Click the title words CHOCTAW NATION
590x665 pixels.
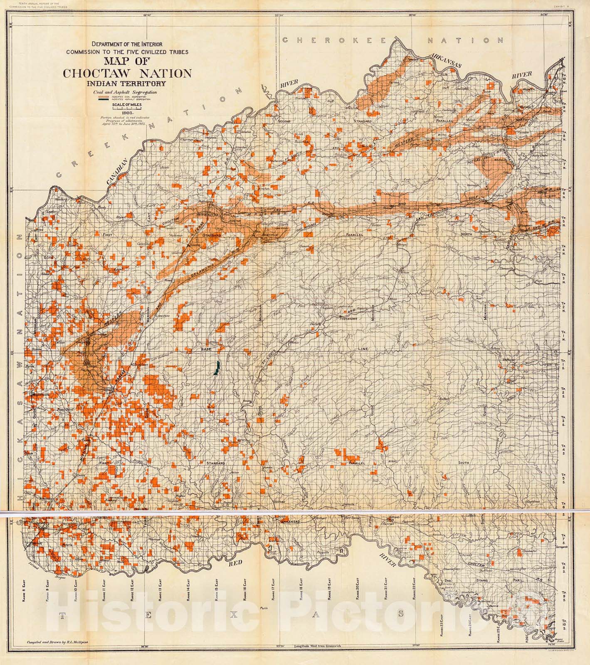[x=127, y=74]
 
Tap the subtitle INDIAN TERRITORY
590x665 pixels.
[x=127, y=83]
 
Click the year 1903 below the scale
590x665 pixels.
[x=127, y=112]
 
